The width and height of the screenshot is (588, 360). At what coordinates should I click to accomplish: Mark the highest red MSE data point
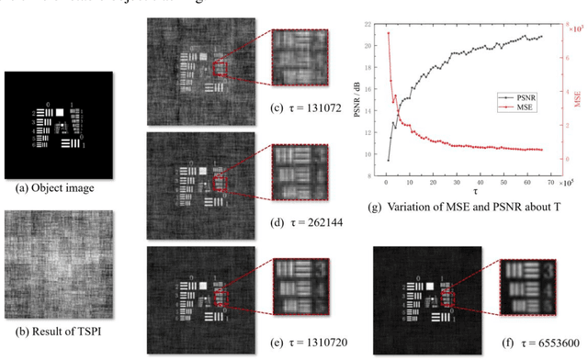point(388,33)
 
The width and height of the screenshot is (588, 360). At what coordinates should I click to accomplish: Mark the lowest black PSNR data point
point(388,160)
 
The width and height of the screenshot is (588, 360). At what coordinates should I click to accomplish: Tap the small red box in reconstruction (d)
point(220,183)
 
